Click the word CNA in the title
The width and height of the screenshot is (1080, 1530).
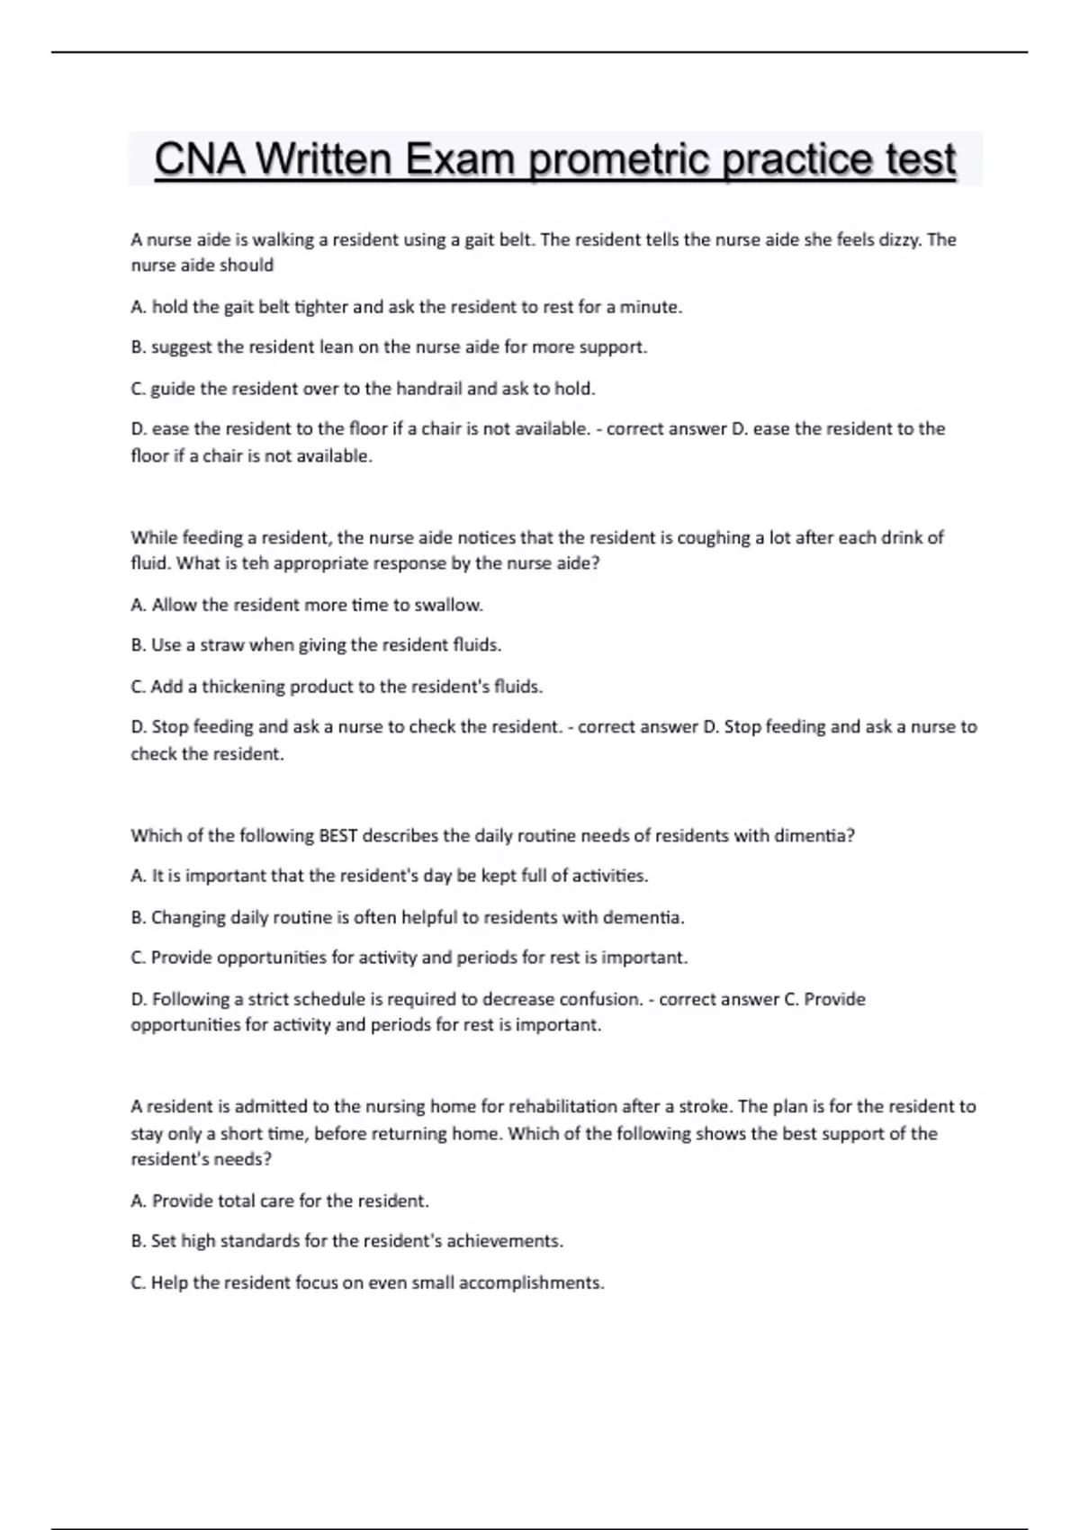coord(201,160)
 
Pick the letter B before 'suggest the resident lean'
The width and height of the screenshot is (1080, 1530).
coord(138,347)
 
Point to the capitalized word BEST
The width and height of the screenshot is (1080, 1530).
coord(338,835)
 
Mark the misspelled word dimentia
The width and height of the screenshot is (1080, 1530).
coord(813,835)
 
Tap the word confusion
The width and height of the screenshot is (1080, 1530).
coord(599,999)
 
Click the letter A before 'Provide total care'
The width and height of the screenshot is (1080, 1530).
coord(138,1201)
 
